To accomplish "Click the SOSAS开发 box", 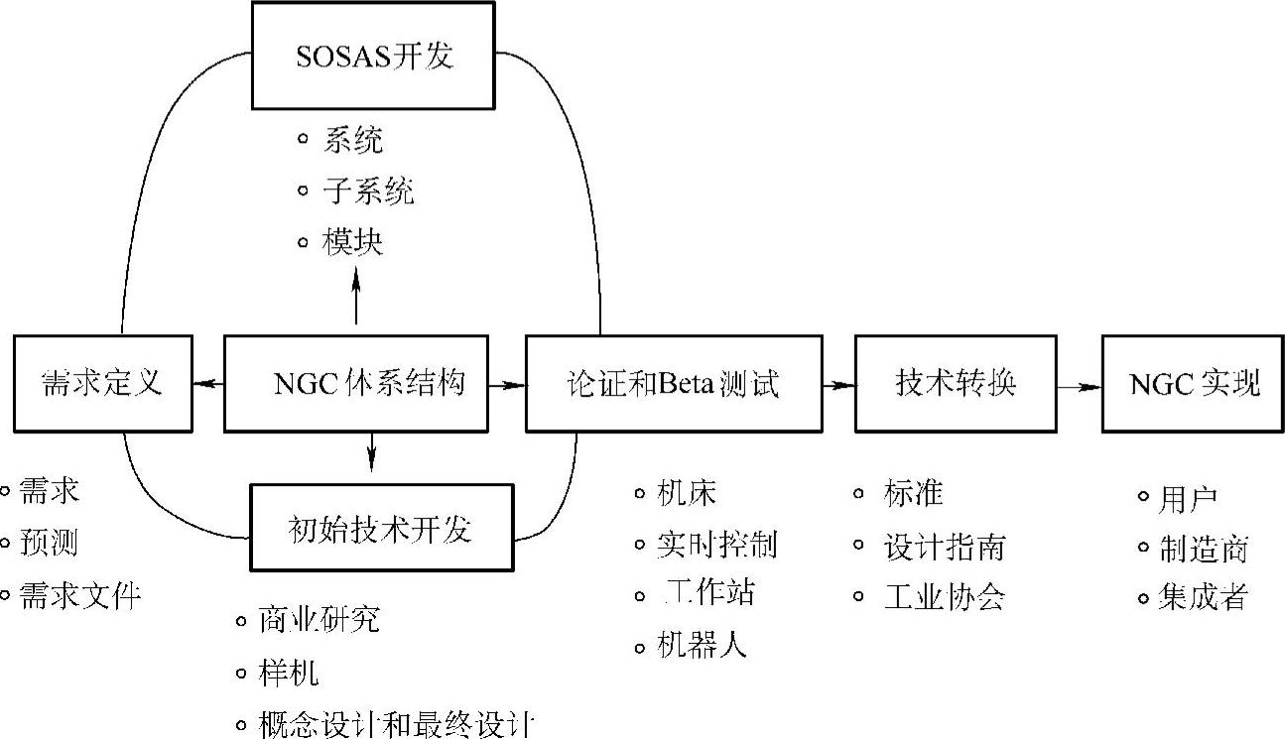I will coord(373,56).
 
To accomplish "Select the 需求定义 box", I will coord(103,384).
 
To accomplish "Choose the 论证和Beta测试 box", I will coord(674,384).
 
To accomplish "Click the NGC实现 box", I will coord(1194,384).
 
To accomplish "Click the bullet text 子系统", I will coord(368,191).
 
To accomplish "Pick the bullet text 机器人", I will coord(703,647).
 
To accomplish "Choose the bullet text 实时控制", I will coord(717,544).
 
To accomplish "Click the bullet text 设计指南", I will coord(944,546).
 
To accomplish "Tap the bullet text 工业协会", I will coord(944,596).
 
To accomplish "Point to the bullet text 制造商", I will coord(1204,549).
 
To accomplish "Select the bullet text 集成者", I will coord(1204,597).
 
